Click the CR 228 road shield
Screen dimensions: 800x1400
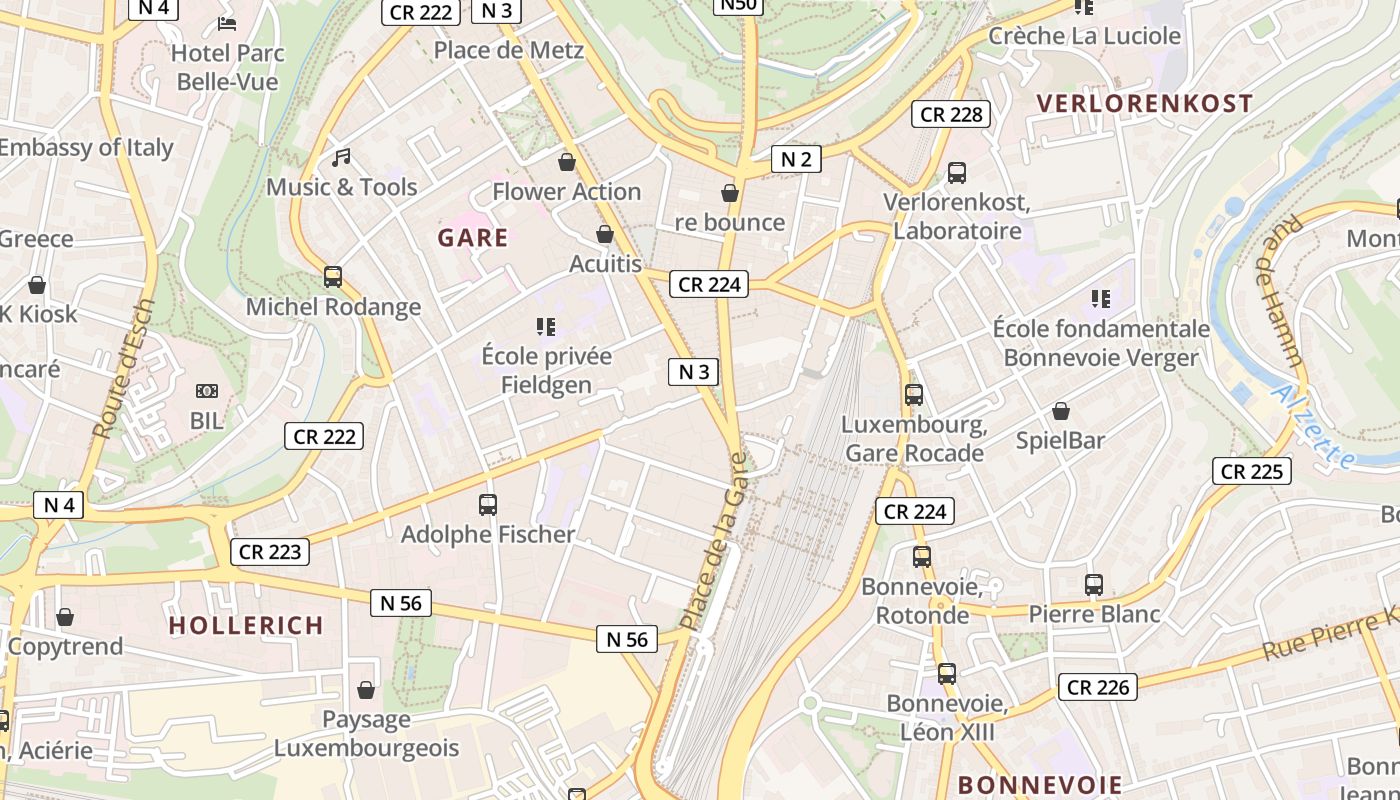click(x=951, y=114)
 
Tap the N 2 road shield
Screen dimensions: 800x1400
click(x=796, y=158)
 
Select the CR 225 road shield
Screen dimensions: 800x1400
click(x=1252, y=471)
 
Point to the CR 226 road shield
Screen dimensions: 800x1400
click(x=1098, y=687)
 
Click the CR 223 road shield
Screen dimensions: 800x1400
click(x=270, y=551)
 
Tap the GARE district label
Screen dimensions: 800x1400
click(x=473, y=238)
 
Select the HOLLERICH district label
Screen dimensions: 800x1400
click(x=246, y=626)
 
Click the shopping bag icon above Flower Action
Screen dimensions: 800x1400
click(x=567, y=162)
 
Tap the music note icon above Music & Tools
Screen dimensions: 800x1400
click(x=342, y=158)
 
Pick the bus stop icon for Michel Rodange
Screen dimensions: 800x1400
click(x=333, y=277)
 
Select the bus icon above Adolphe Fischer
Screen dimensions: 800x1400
click(x=488, y=505)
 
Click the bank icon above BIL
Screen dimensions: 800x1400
click(x=207, y=391)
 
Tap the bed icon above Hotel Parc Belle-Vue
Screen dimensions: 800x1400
click(x=227, y=23)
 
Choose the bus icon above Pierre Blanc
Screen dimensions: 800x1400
click(x=1094, y=584)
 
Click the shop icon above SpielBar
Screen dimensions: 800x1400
click(x=1060, y=411)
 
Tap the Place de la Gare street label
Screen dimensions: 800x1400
click(x=714, y=541)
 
